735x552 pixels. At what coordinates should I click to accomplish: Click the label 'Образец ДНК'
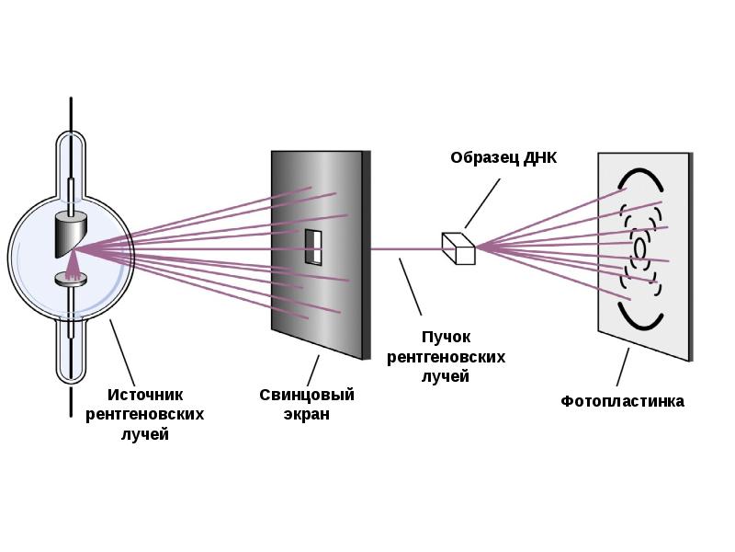(x=503, y=157)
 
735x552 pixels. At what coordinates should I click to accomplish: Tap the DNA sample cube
(x=458, y=247)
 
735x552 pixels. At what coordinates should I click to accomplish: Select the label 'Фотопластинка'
(x=622, y=401)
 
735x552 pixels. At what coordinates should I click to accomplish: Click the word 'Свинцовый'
(x=307, y=395)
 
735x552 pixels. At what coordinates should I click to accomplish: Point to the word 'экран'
(x=307, y=414)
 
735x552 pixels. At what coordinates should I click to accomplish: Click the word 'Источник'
(x=145, y=395)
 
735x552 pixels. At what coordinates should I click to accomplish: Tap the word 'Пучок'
(x=447, y=338)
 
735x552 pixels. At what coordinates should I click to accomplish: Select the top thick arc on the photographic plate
(x=640, y=176)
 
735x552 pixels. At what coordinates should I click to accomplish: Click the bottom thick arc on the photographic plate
(x=639, y=317)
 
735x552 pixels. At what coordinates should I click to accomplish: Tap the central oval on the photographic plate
(x=640, y=247)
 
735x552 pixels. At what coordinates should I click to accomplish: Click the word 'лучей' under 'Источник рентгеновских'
(x=145, y=434)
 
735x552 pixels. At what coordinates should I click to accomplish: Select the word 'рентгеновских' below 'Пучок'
(x=447, y=357)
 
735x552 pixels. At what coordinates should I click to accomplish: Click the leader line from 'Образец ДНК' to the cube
(x=483, y=201)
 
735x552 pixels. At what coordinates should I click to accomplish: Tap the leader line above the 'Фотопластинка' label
(x=622, y=367)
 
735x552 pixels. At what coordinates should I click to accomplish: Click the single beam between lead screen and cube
(x=404, y=248)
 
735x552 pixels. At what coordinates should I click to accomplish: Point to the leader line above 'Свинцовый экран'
(x=311, y=370)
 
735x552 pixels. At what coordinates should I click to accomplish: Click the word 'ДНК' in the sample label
(x=537, y=157)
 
